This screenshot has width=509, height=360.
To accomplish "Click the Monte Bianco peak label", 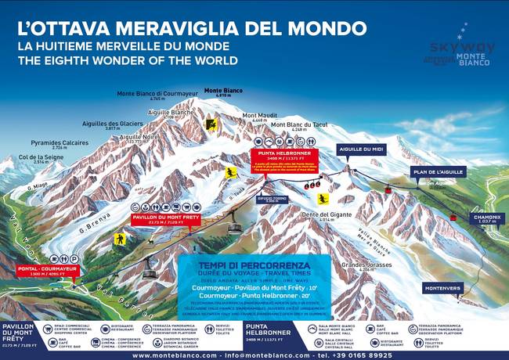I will pos(222,91).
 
